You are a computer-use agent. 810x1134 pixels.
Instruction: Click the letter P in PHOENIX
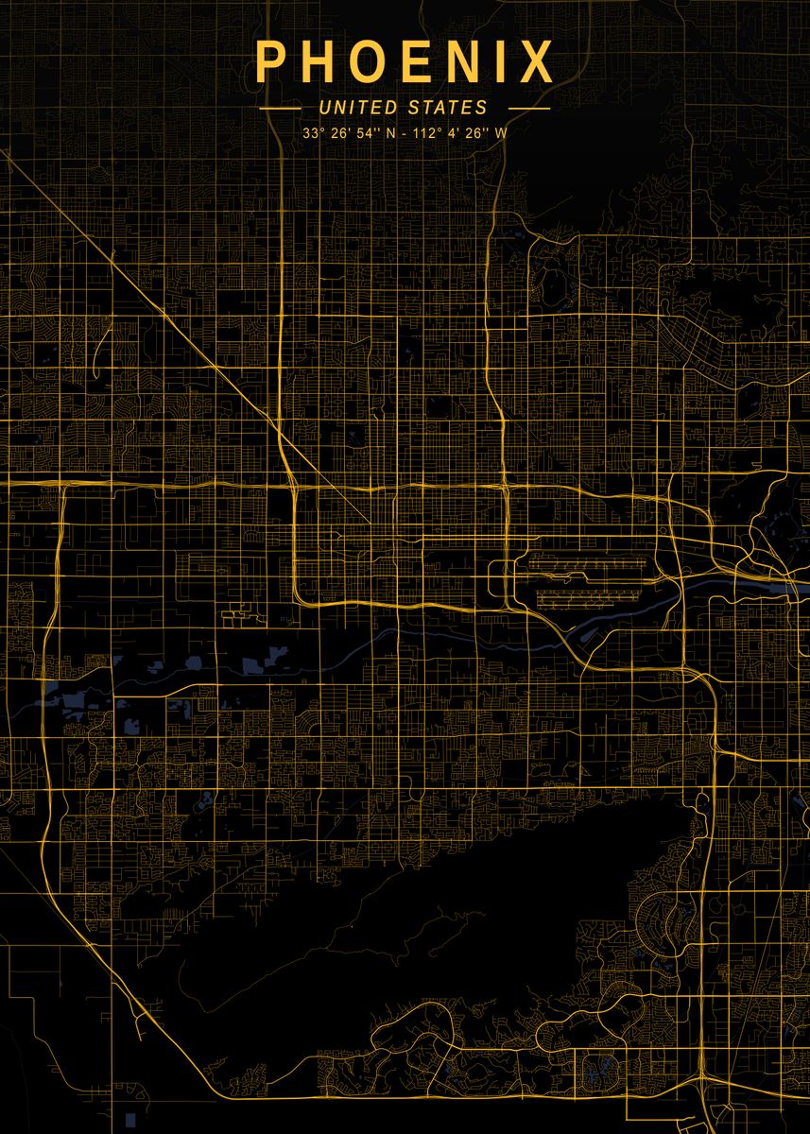[x=270, y=62]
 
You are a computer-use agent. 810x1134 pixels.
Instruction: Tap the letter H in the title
[x=321, y=62]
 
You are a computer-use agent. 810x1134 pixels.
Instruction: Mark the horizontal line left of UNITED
[x=280, y=109]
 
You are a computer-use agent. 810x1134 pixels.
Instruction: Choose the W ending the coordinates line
[x=500, y=133]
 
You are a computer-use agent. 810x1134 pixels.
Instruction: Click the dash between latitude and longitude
[x=404, y=133]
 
